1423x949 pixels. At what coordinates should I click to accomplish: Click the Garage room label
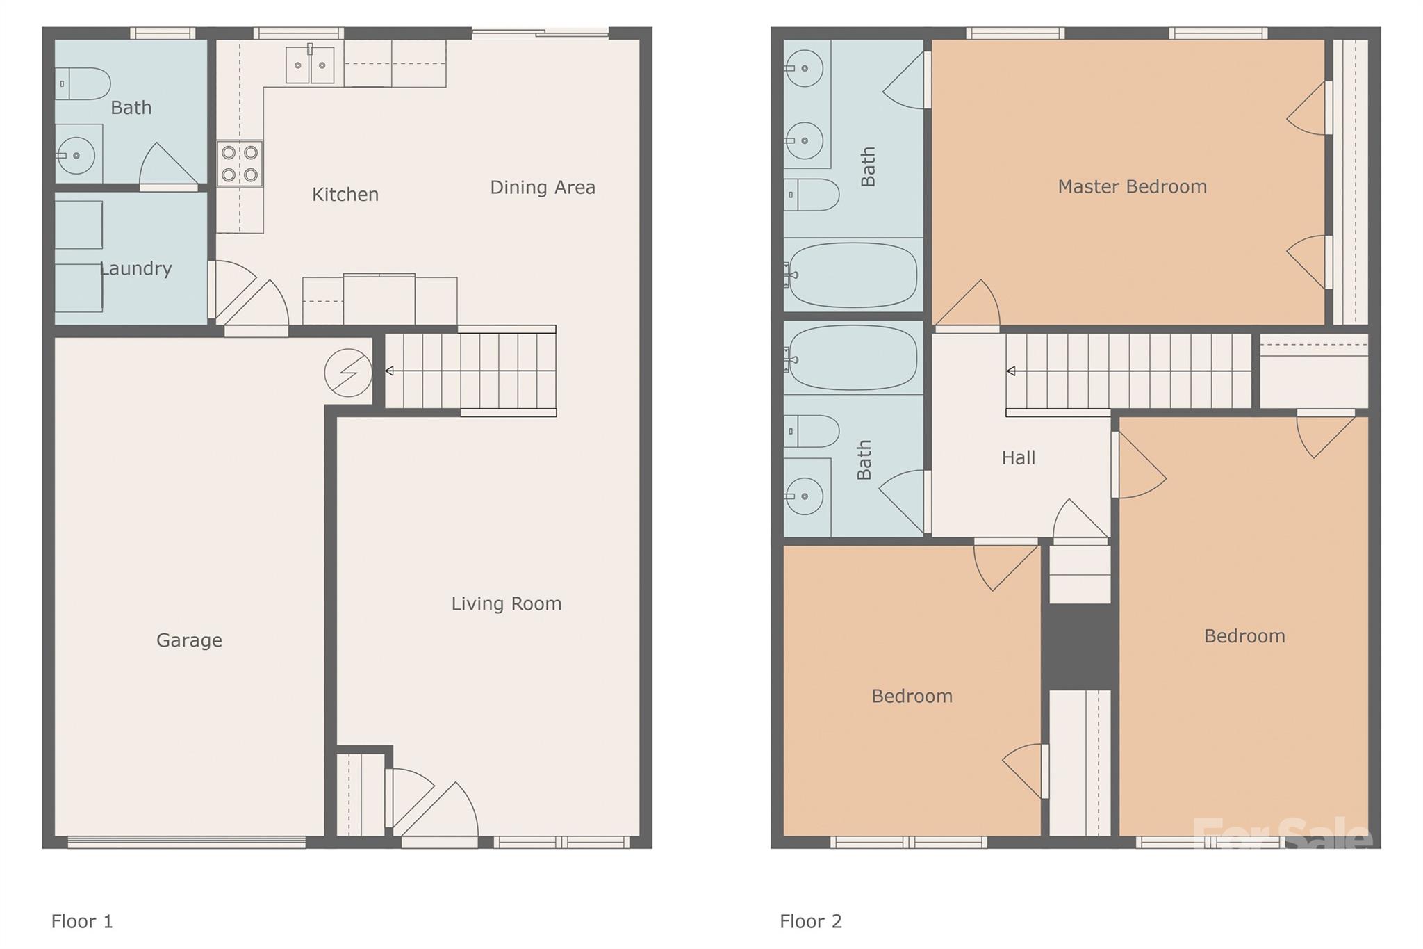189,640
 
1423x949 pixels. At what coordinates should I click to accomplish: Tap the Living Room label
507,603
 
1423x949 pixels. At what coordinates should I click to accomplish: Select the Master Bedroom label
1132,186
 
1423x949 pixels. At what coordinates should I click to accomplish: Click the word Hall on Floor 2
1018,457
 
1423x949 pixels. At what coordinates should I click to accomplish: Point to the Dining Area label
543,188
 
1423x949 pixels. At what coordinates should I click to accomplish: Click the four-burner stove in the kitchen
240,163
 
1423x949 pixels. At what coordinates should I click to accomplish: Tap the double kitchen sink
310,65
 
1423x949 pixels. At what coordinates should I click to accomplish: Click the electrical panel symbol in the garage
348,373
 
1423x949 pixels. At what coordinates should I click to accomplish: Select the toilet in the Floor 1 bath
84,84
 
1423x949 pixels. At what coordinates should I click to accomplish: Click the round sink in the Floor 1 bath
76,155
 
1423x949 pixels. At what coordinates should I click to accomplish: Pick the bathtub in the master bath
853,275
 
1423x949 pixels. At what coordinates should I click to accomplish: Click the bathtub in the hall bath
853,358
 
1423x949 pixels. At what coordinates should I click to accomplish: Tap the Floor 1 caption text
82,921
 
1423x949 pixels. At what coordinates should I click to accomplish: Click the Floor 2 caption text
810,921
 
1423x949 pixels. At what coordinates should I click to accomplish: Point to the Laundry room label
136,268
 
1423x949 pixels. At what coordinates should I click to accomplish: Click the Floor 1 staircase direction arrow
389,371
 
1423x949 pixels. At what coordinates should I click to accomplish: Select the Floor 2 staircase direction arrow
1010,371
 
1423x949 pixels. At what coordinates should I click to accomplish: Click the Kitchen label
345,195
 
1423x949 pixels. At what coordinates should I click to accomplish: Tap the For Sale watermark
1282,834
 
